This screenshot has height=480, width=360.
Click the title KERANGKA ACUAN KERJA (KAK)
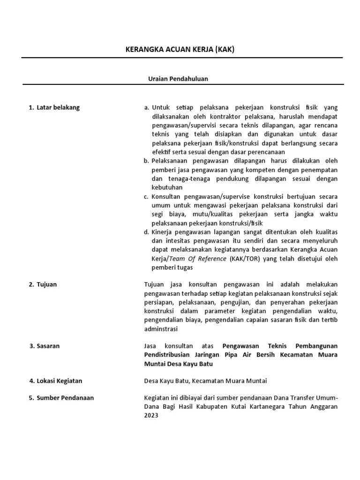(x=180, y=50)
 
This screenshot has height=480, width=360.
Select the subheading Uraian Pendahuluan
(x=178, y=79)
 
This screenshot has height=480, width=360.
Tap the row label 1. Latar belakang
(x=54, y=107)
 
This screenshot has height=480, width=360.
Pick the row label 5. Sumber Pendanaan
(x=61, y=398)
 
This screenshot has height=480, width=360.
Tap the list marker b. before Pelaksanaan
(x=146, y=161)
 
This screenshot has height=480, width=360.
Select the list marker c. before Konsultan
(x=146, y=196)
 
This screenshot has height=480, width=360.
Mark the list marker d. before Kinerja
(x=146, y=232)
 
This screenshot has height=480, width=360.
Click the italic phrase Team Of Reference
(x=197, y=259)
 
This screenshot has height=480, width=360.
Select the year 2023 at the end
(x=151, y=416)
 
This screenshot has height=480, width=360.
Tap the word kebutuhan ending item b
(x=167, y=187)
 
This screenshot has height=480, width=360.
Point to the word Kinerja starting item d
(x=162, y=232)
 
